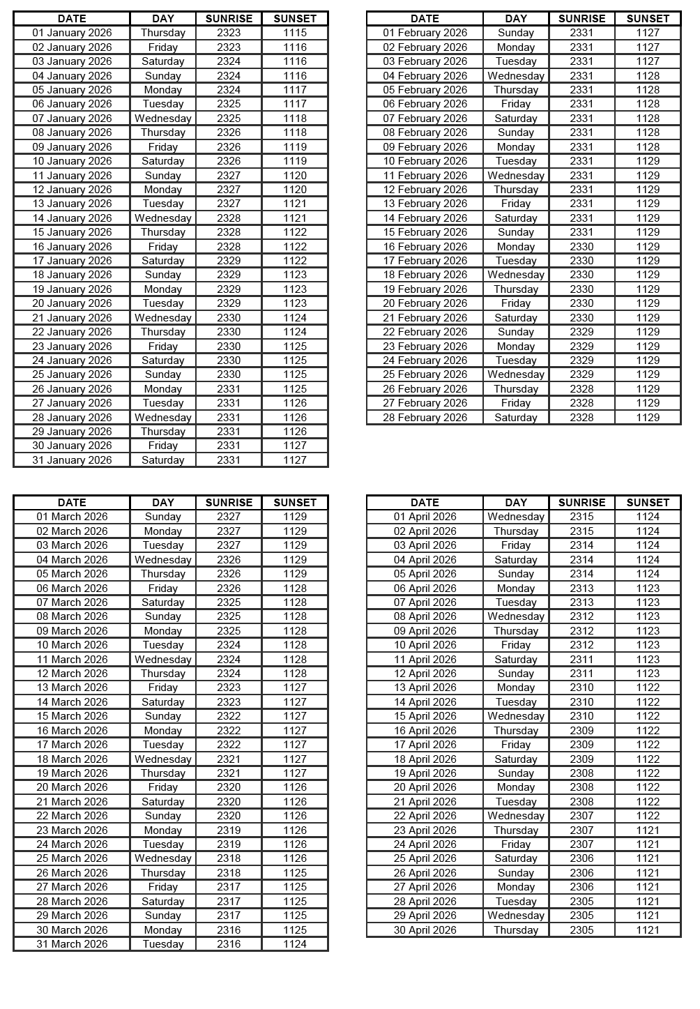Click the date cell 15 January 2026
click(72, 232)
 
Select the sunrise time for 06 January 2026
click(229, 104)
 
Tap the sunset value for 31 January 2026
click(295, 460)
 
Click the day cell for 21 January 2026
click(162, 318)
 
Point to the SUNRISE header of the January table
click(229, 19)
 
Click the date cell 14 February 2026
click(425, 218)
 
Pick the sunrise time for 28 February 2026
click(581, 418)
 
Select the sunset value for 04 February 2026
click(648, 76)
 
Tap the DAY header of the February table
click(516, 19)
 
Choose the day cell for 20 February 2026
click(516, 303)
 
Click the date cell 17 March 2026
click(72, 745)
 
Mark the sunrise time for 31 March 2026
click(229, 944)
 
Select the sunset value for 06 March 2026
click(295, 589)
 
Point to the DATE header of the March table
click(72, 503)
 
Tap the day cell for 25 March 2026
click(162, 858)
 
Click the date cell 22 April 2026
click(425, 816)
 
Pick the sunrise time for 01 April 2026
click(581, 517)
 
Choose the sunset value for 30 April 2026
click(648, 930)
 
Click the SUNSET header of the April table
click(648, 503)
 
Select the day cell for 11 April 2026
click(516, 660)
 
